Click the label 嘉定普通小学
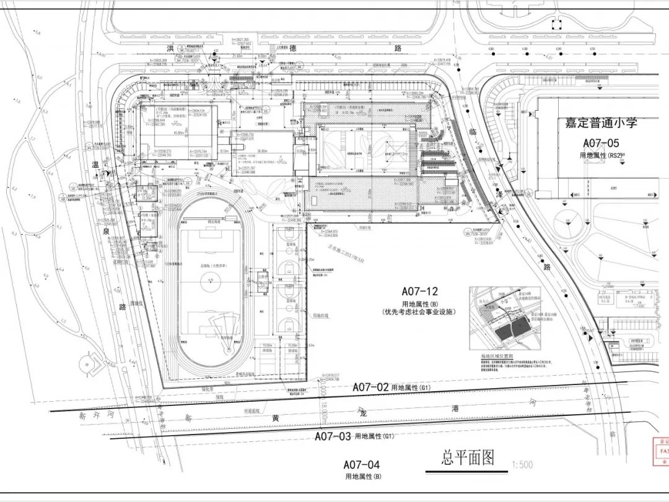601,123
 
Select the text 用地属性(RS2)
601,155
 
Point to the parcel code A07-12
419,291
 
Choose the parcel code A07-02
370,387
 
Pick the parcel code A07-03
333,436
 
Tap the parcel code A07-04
361,465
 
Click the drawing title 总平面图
468,457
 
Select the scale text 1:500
522,464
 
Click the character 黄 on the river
275,418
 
